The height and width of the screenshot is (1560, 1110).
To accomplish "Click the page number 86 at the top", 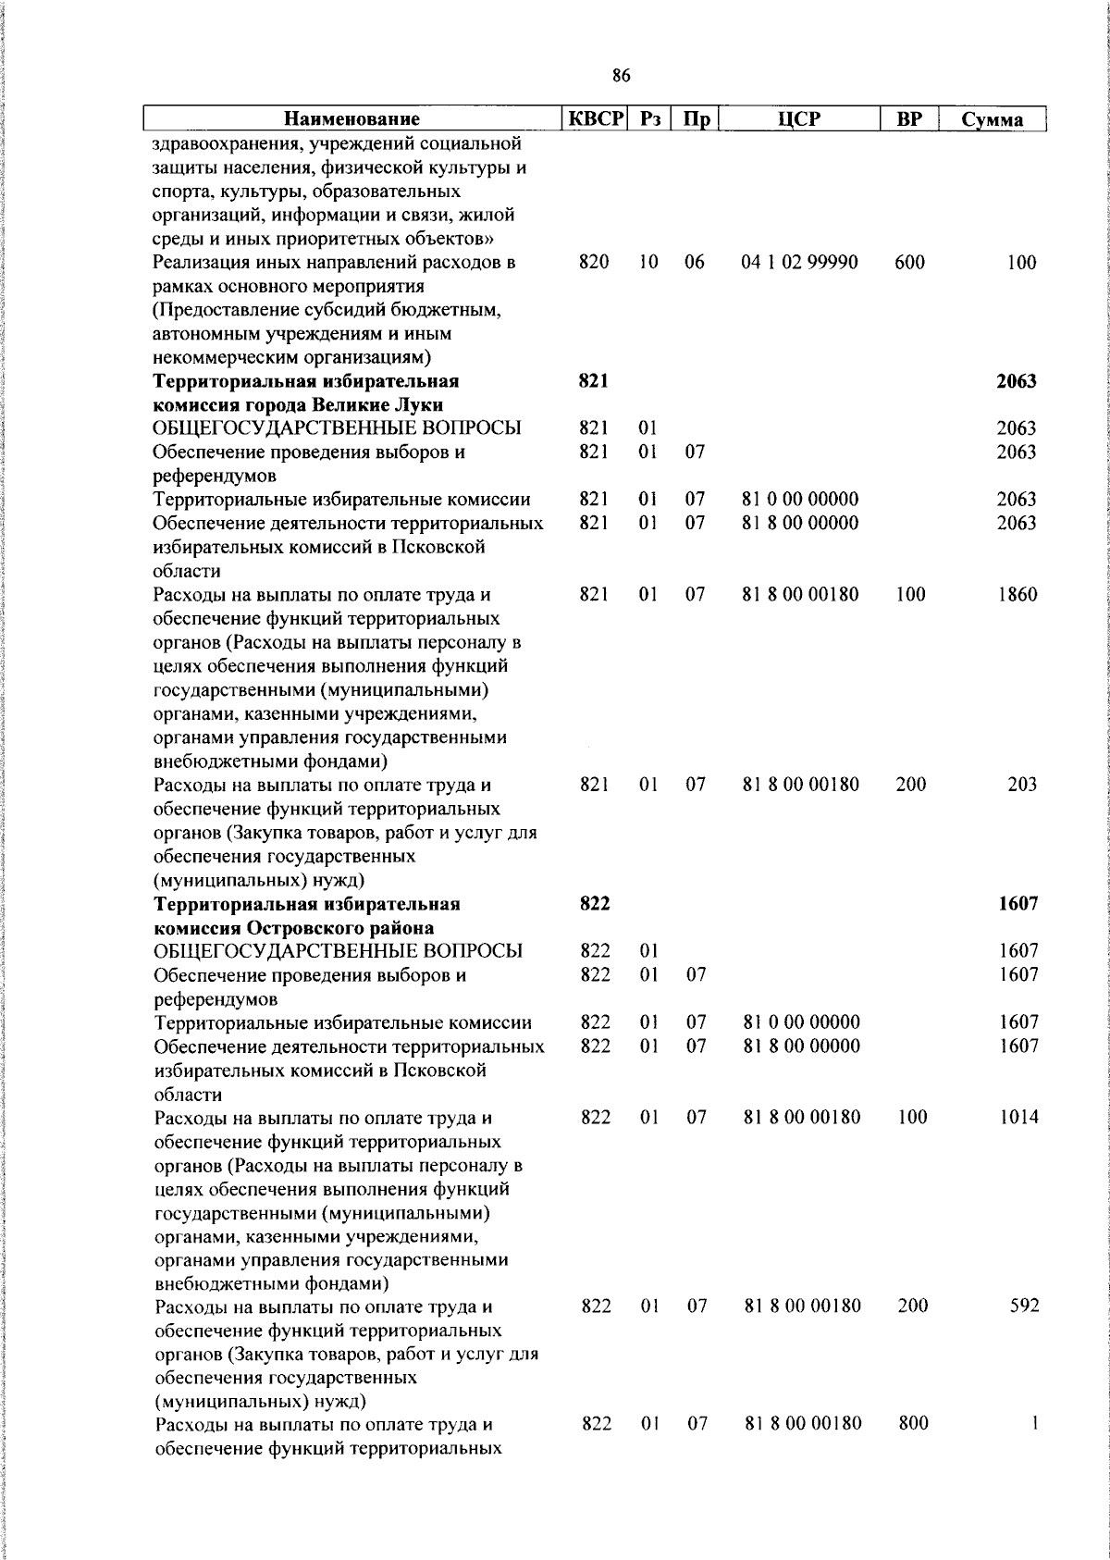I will point(622,76).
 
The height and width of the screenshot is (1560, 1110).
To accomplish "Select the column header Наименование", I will point(351,119).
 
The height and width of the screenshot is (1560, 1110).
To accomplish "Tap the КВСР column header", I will point(597,119).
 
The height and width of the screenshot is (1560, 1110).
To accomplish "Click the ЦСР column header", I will point(800,119).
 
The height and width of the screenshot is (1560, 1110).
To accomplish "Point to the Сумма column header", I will point(992,119).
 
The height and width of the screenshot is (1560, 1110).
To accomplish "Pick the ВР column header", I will point(909,119).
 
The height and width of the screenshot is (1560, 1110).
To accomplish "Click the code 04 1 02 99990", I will point(799,263).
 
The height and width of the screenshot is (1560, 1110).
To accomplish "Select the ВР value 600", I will point(909,263).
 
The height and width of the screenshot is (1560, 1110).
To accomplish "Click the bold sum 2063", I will point(1016,381).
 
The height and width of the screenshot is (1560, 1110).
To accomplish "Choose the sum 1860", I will point(1017,595).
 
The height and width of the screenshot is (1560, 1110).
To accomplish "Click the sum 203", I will point(1022,785).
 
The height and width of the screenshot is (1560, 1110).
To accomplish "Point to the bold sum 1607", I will point(1017,904).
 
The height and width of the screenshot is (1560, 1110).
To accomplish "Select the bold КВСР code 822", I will point(595,904).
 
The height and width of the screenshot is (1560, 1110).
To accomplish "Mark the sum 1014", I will point(1018,1117).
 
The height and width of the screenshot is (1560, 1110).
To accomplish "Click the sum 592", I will point(1024,1306).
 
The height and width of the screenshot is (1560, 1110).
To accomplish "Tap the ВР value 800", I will point(913,1424).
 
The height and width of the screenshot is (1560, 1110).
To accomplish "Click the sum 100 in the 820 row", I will point(1022,263).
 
